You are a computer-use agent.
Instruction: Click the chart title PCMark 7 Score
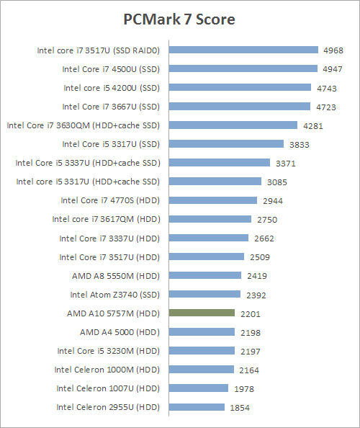pyautogui.click(x=180, y=19)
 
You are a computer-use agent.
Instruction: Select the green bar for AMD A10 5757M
pyautogui.click(x=202, y=313)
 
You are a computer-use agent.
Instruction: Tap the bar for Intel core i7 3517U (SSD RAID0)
pyautogui.click(x=243, y=50)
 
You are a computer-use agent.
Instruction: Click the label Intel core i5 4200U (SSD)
pyautogui.click(x=112, y=88)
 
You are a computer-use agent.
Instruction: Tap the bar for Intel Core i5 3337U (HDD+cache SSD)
pyautogui.click(x=219, y=163)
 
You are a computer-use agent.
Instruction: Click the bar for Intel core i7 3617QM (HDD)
pyautogui.click(x=210, y=219)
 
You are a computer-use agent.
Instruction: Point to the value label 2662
pyautogui.click(x=264, y=238)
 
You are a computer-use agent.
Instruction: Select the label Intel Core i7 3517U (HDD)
pyautogui.click(x=109, y=257)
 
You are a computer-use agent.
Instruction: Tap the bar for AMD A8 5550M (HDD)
pyautogui.click(x=204, y=275)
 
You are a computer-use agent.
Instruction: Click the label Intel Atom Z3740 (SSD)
pyautogui.click(x=114, y=294)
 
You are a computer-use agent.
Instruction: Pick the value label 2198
pyautogui.click(x=251, y=332)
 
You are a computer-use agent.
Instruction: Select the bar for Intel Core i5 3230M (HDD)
pyautogui.click(x=201, y=350)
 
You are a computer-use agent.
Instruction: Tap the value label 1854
pyautogui.click(x=240, y=407)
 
